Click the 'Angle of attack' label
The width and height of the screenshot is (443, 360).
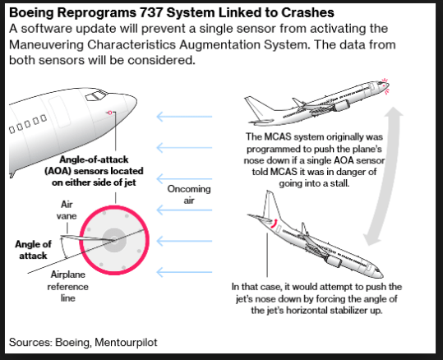pyautogui.click(x=33, y=248)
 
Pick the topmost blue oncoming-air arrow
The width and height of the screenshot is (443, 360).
pyautogui.click(x=185, y=116)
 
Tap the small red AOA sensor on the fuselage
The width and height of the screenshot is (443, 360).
pyautogui.click(x=109, y=111)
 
